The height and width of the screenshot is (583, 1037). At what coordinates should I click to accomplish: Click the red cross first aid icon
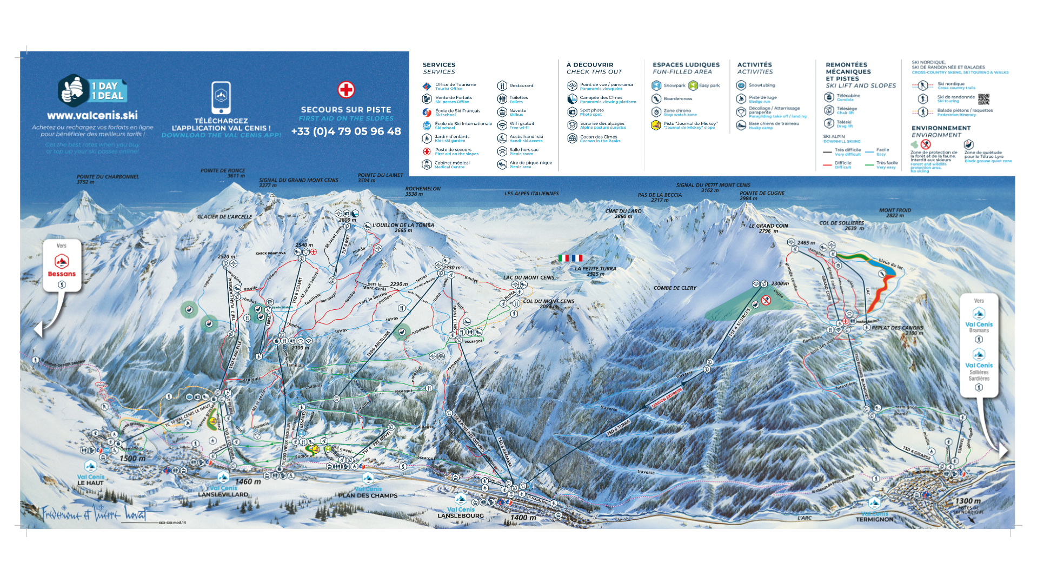click(346, 90)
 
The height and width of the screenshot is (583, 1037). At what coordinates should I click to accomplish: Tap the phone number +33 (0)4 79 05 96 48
click(346, 131)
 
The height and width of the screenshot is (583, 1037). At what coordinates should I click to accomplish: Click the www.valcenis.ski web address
click(92, 115)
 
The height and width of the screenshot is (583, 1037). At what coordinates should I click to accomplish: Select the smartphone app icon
click(221, 97)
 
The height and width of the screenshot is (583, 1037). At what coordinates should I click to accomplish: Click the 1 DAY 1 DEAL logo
click(92, 91)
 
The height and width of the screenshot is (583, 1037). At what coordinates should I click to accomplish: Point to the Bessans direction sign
click(62, 265)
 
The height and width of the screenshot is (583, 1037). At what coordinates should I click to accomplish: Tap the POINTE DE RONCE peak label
click(222, 173)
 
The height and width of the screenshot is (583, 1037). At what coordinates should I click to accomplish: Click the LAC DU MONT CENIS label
click(528, 277)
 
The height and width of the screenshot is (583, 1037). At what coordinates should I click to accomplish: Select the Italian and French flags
click(570, 259)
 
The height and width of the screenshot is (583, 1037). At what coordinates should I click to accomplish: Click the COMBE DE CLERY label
click(675, 288)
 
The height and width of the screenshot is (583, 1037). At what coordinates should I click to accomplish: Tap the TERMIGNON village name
click(874, 519)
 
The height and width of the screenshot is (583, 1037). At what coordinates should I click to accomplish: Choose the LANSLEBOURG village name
click(460, 515)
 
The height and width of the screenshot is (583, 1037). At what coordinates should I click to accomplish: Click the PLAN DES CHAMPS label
click(368, 495)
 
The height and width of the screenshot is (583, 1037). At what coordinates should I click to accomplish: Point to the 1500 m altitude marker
click(132, 458)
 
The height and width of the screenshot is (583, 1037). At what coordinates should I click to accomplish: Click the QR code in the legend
click(983, 99)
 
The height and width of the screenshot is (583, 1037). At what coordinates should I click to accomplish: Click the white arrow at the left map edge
click(38, 329)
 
